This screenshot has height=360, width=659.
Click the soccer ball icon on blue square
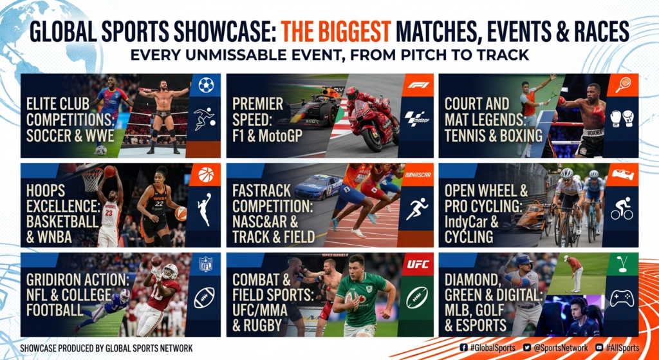pos(205,86)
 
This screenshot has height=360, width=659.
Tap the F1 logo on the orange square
pos(417,86)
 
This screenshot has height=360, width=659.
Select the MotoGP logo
pos(417,119)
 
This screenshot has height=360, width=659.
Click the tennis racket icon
pos(622,85)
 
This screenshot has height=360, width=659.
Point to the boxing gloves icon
pos(622,118)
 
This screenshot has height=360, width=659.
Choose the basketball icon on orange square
pos(205,175)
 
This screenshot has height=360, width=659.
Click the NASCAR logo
pos(417,175)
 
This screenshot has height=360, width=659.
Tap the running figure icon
pos(417,209)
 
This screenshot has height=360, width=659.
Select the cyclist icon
pos(622,209)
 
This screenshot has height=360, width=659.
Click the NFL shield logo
pos(205,264)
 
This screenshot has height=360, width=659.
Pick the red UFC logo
pos(417,264)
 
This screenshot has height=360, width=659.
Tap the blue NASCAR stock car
pos(318,187)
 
